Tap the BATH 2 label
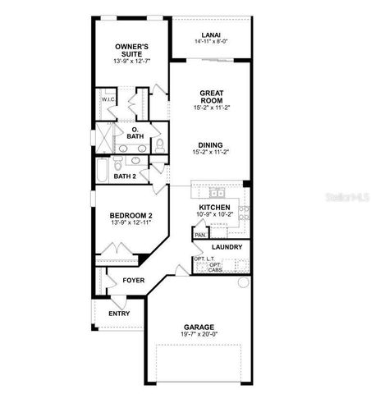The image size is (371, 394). tap(124, 176)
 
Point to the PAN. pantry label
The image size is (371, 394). tap(199, 235)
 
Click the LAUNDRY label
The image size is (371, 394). tap(226, 246)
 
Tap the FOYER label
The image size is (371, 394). tap(133, 279)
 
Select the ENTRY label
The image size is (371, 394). tap(118, 313)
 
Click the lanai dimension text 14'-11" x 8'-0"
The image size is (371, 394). tap(211, 42)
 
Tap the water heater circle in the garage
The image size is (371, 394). tap(243, 282)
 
